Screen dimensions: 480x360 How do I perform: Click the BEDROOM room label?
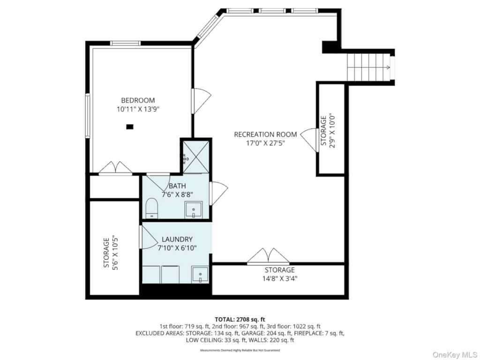click(138, 100)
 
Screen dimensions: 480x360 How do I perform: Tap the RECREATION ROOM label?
click(265, 135)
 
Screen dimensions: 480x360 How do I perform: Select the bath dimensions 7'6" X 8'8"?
click(177, 194)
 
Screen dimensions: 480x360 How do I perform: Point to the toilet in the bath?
click(151, 208)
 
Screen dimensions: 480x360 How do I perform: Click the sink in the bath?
click(194, 210)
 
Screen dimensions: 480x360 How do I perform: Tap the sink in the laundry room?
click(200, 275)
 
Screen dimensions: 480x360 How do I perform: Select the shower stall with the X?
click(196, 156)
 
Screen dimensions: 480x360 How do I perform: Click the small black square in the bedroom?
click(130, 126)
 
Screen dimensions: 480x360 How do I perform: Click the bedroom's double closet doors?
click(115, 169)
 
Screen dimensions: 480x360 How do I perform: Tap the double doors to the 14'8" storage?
click(268, 256)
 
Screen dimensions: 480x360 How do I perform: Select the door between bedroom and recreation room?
click(201, 101)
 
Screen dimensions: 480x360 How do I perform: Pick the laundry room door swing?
click(148, 237)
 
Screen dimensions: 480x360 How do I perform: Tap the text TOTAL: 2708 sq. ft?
click(240, 320)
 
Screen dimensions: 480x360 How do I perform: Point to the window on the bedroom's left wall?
click(88, 116)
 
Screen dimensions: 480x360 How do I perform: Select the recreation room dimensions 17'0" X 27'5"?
click(265, 143)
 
